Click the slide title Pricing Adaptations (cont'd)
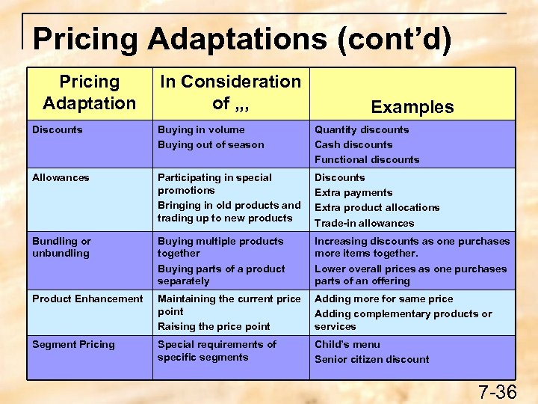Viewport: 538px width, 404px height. tap(242, 39)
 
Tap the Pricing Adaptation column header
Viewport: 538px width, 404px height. tap(89, 92)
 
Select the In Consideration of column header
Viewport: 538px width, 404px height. tap(230, 92)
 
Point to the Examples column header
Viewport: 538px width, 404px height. tap(412, 107)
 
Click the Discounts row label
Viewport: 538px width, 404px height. tap(58, 129)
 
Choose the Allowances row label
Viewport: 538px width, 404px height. tap(61, 177)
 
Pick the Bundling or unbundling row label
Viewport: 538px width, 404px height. tap(61, 247)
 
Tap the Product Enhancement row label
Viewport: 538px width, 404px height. tap(87, 299)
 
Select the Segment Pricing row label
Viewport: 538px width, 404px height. tap(73, 344)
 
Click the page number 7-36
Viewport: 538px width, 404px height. tap(497, 392)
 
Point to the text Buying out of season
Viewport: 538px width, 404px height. tap(211, 144)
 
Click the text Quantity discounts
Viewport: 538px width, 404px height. tap(362, 129)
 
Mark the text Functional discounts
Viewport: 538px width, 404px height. tap(367, 159)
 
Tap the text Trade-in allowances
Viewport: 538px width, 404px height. tap(364, 223)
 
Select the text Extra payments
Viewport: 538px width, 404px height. tap(354, 192)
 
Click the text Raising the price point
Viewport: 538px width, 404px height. tap(214, 326)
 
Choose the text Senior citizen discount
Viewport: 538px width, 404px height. tap(372, 359)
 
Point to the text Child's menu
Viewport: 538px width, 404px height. tap(347, 344)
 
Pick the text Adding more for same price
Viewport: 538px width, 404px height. tap(384, 299)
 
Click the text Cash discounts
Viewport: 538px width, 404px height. tap(353, 144)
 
